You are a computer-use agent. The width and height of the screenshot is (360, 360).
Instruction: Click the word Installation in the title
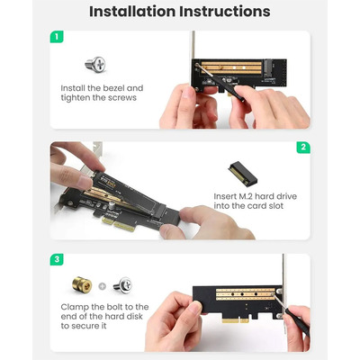point(131,12)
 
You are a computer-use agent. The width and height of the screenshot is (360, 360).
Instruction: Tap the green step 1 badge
point(57,38)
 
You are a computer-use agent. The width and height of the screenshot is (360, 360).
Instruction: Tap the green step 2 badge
point(303,148)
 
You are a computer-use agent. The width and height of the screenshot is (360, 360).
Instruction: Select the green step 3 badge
point(57,259)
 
